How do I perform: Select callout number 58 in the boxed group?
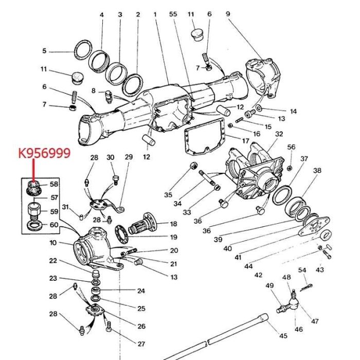(x=54, y=184)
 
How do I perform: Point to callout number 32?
(x=279, y=134)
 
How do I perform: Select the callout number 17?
(x=245, y=140)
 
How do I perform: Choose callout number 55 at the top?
(x=173, y=15)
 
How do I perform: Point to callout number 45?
(x=283, y=336)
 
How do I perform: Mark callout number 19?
(x=173, y=238)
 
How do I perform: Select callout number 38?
(x=317, y=170)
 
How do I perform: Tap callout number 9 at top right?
(x=228, y=14)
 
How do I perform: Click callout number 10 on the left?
(x=53, y=243)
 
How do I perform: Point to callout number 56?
(x=291, y=147)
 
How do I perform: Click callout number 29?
(x=129, y=157)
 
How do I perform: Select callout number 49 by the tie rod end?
(x=269, y=286)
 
